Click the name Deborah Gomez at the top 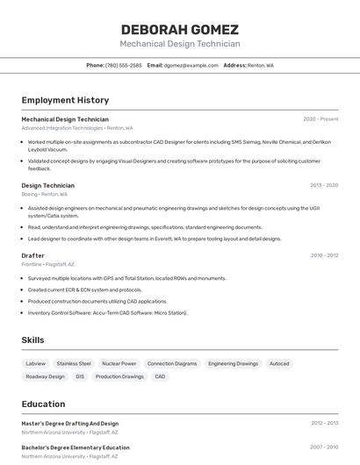pyautogui.click(x=179, y=29)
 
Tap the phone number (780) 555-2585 pyautogui.click(x=123, y=65)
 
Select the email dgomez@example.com pyautogui.click(x=191, y=65)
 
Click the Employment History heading pyautogui.click(x=65, y=100)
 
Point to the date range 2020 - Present pyautogui.click(x=320, y=119)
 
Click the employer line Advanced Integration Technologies pyautogui.click(x=61, y=128)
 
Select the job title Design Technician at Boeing pyautogui.click(x=47, y=185)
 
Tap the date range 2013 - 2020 pyautogui.click(x=323, y=185)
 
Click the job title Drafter pyautogui.click(x=32, y=255)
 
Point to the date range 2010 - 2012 pyautogui.click(x=324, y=255)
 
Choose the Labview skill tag pyautogui.click(x=35, y=363)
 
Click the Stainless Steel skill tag pyautogui.click(x=74, y=363)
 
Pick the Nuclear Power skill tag pyautogui.click(x=119, y=363)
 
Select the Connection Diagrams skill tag pyautogui.click(x=172, y=363)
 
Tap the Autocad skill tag pyautogui.click(x=279, y=363)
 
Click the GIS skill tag pyautogui.click(x=80, y=376)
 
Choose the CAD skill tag pyautogui.click(x=160, y=376)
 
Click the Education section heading pyautogui.click(x=43, y=404)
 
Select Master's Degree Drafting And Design pyautogui.click(x=69, y=423)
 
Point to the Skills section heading pyautogui.click(x=32, y=340)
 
